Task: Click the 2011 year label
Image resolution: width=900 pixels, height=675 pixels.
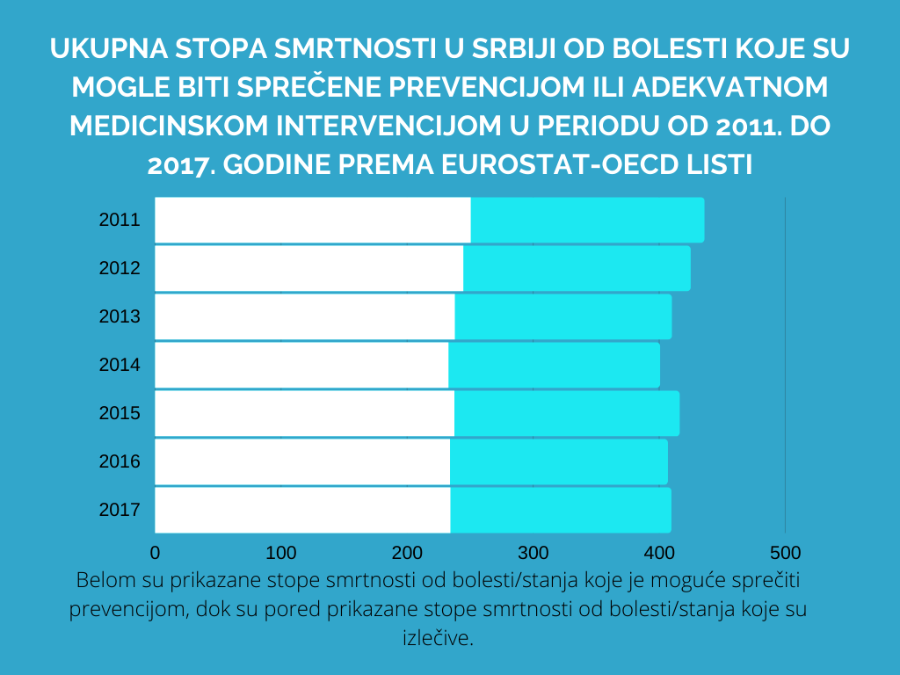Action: (x=120, y=220)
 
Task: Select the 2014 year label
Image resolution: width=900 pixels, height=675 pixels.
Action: (x=120, y=364)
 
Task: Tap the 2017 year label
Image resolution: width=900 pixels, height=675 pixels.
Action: (x=120, y=509)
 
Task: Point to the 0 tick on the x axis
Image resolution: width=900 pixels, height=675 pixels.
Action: (x=156, y=553)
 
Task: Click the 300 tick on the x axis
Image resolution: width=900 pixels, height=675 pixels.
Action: (x=533, y=553)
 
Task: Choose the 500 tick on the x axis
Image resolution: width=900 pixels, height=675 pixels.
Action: (x=785, y=553)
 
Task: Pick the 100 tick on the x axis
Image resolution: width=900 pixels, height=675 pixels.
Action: (x=280, y=553)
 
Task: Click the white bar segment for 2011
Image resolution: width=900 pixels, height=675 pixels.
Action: (x=312, y=220)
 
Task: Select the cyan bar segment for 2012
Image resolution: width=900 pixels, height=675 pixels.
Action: (x=577, y=268)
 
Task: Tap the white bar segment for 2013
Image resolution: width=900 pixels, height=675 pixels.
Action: (x=305, y=316)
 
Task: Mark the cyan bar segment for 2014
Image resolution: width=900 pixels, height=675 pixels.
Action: (x=554, y=364)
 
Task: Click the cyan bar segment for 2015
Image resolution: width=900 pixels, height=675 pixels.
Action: (x=567, y=412)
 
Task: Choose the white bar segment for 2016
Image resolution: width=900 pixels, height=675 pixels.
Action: (x=302, y=461)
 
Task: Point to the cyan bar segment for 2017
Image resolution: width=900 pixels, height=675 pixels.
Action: (x=561, y=509)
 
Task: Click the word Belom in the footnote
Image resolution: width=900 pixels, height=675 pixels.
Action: (x=103, y=581)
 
